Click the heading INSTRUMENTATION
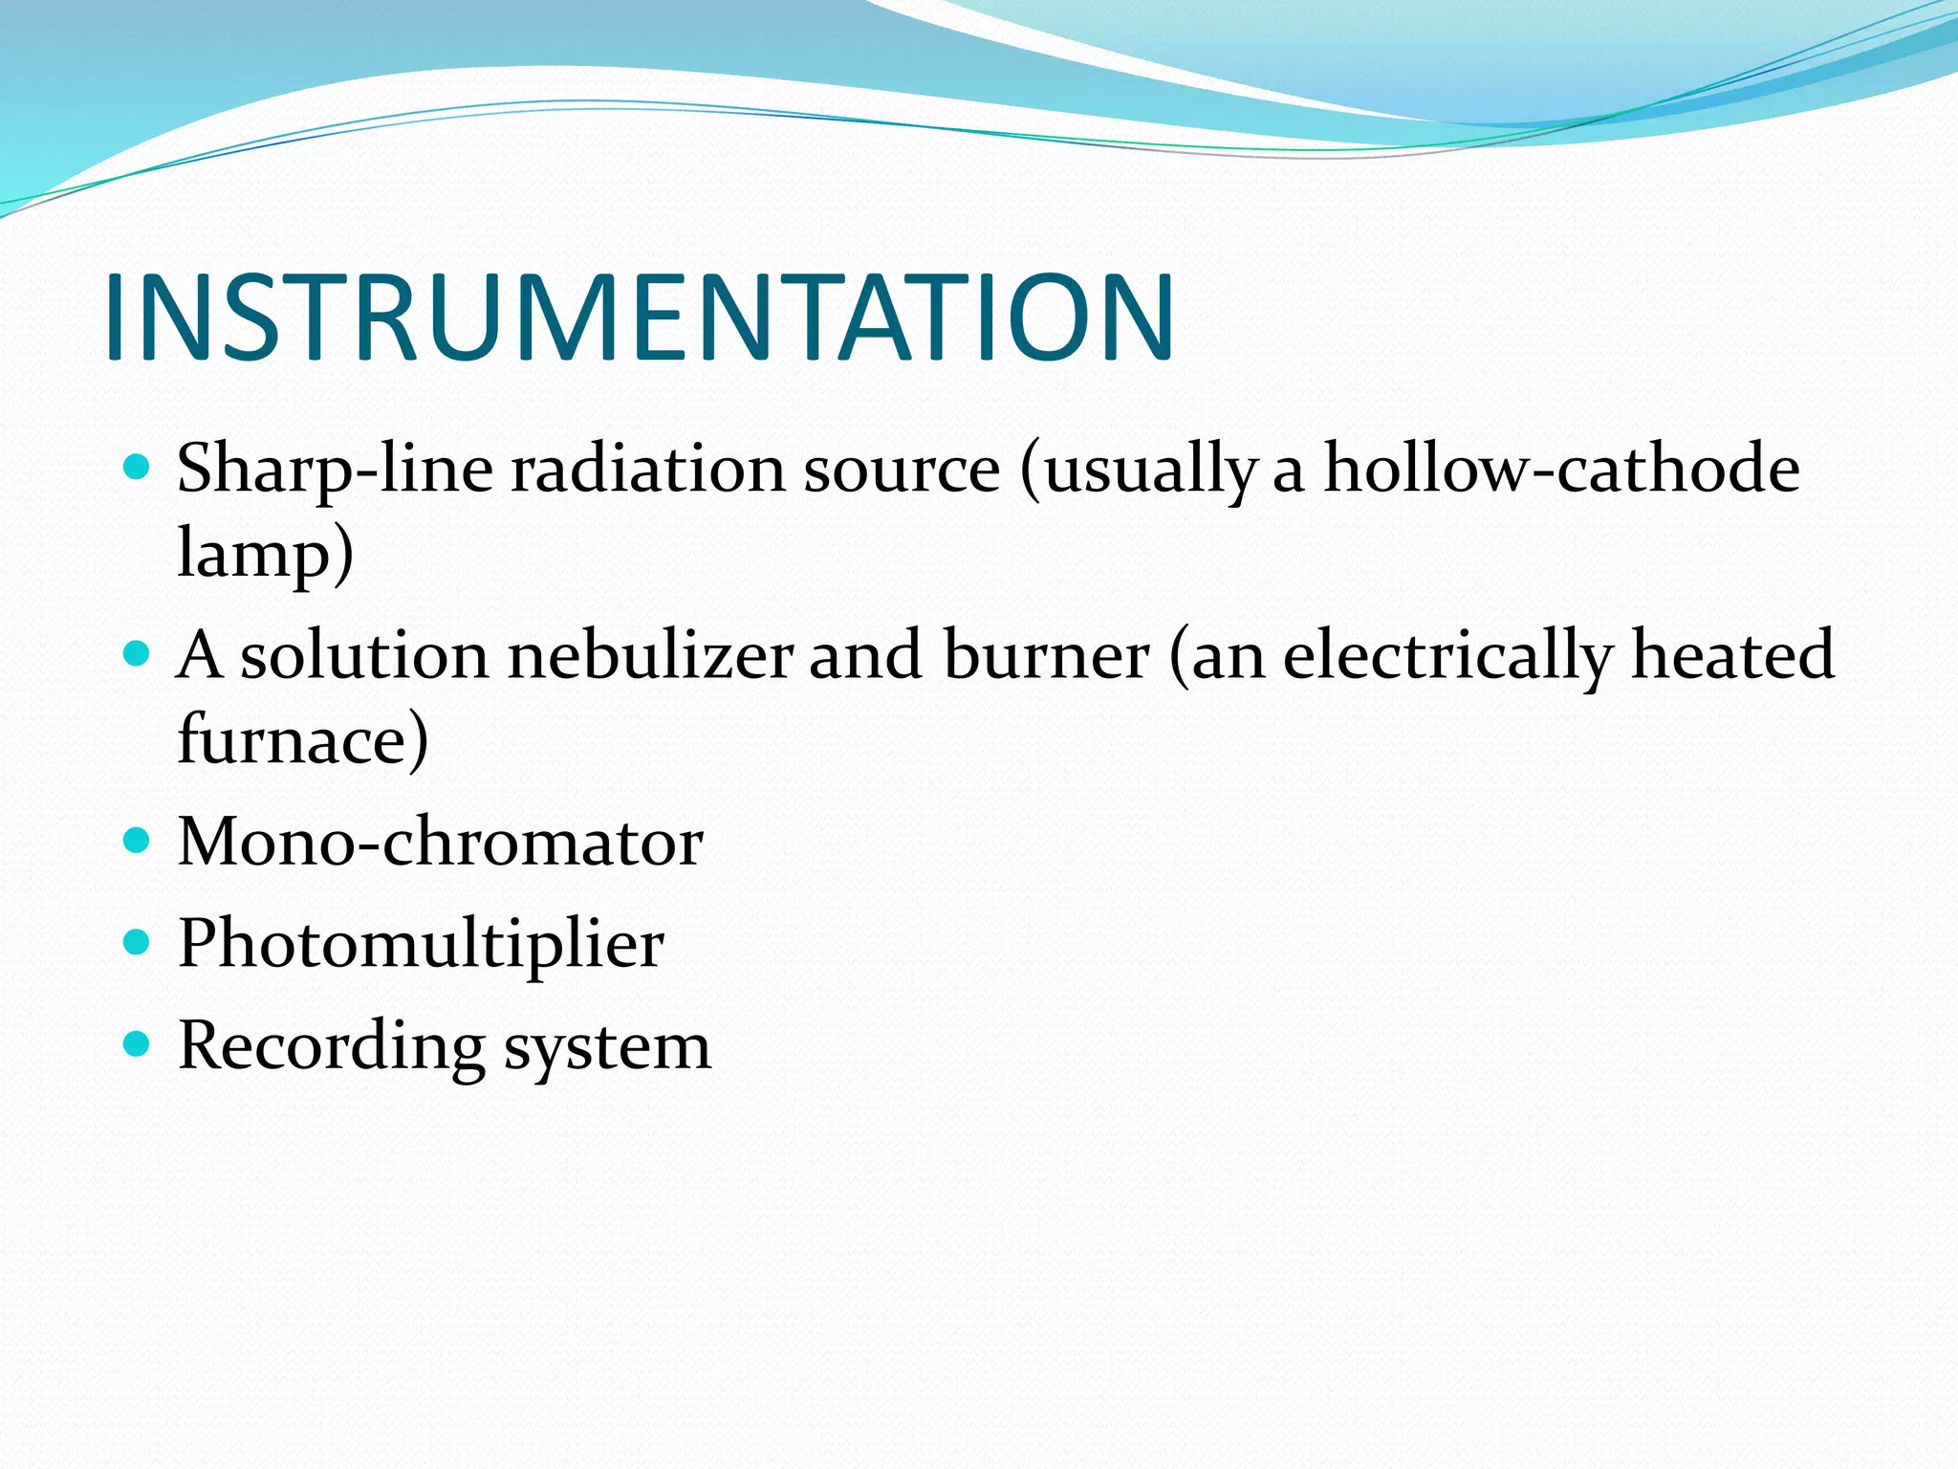[639, 318]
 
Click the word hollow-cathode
[1560, 469]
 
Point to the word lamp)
[266, 554]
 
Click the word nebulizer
[650, 656]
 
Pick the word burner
[1046, 656]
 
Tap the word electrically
[1447, 656]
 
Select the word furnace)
[303, 739]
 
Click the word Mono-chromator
[441, 843]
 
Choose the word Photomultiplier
[421, 944]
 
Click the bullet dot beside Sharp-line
[138, 467]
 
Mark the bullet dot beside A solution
[138, 654]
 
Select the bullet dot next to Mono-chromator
[138, 841]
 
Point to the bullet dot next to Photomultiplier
[138, 942]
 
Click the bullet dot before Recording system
[138, 1043]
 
